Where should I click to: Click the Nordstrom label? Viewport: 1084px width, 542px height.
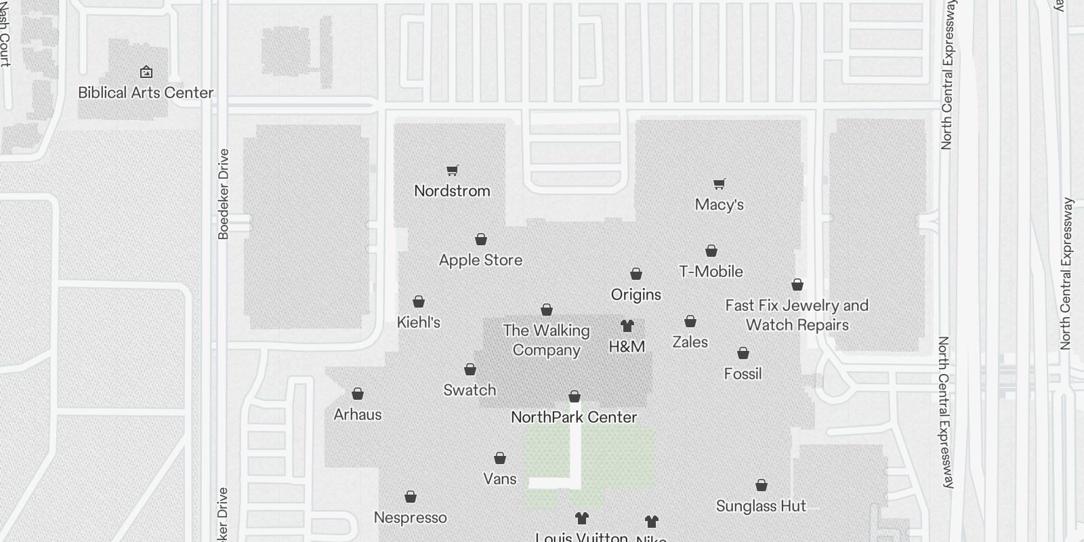coord(452,191)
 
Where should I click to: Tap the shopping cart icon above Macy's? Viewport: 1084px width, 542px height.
coord(720,184)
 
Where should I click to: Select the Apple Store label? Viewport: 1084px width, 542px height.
coord(480,260)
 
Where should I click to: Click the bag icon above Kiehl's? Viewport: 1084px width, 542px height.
coord(419,301)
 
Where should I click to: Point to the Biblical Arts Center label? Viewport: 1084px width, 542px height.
coord(146,93)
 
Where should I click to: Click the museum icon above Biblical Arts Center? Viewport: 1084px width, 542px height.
coord(146,72)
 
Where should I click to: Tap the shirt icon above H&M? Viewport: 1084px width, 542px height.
coord(627,326)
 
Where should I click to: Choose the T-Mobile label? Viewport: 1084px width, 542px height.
coord(711,272)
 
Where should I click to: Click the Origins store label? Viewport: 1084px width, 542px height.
coord(635,295)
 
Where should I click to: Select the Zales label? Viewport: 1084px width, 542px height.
coord(690,342)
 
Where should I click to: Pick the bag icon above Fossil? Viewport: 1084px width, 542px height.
coord(743,353)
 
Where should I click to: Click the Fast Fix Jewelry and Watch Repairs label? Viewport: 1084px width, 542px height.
coord(797,315)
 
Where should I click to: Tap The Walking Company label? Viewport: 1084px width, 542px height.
coord(546,340)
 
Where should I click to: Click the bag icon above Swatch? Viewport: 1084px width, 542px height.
coord(470,369)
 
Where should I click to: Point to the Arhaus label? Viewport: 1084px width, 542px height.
coord(358,415)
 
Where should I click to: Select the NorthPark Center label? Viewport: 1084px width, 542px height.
coord(574,417)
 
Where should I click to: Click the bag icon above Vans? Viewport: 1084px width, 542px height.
coord(500,459)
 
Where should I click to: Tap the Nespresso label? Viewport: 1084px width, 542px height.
coord(410,518)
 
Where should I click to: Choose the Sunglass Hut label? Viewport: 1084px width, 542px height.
coord(761,506)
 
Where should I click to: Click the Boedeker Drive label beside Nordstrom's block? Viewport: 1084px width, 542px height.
coord(224,194)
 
